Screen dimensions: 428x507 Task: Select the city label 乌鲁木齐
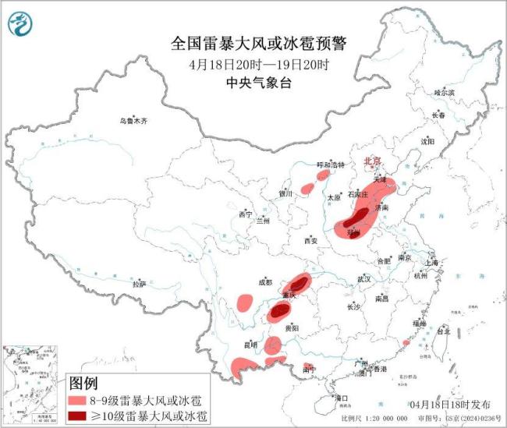[x=133, y=121]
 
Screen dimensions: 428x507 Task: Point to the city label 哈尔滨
[x=444, y=93]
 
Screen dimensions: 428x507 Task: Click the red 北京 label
[x=372, y=161]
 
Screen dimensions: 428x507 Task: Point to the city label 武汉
[x=363, y=278]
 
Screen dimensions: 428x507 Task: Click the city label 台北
[x=442, y=331]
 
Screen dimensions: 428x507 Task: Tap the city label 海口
[x=341, y=398]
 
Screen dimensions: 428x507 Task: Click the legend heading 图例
[x=83, y=383]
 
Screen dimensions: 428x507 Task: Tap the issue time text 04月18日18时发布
[x=450, y=405]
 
